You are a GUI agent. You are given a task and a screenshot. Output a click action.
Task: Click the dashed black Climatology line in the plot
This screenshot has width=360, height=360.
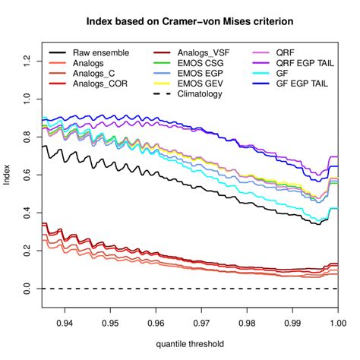click(x=190, y=289)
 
